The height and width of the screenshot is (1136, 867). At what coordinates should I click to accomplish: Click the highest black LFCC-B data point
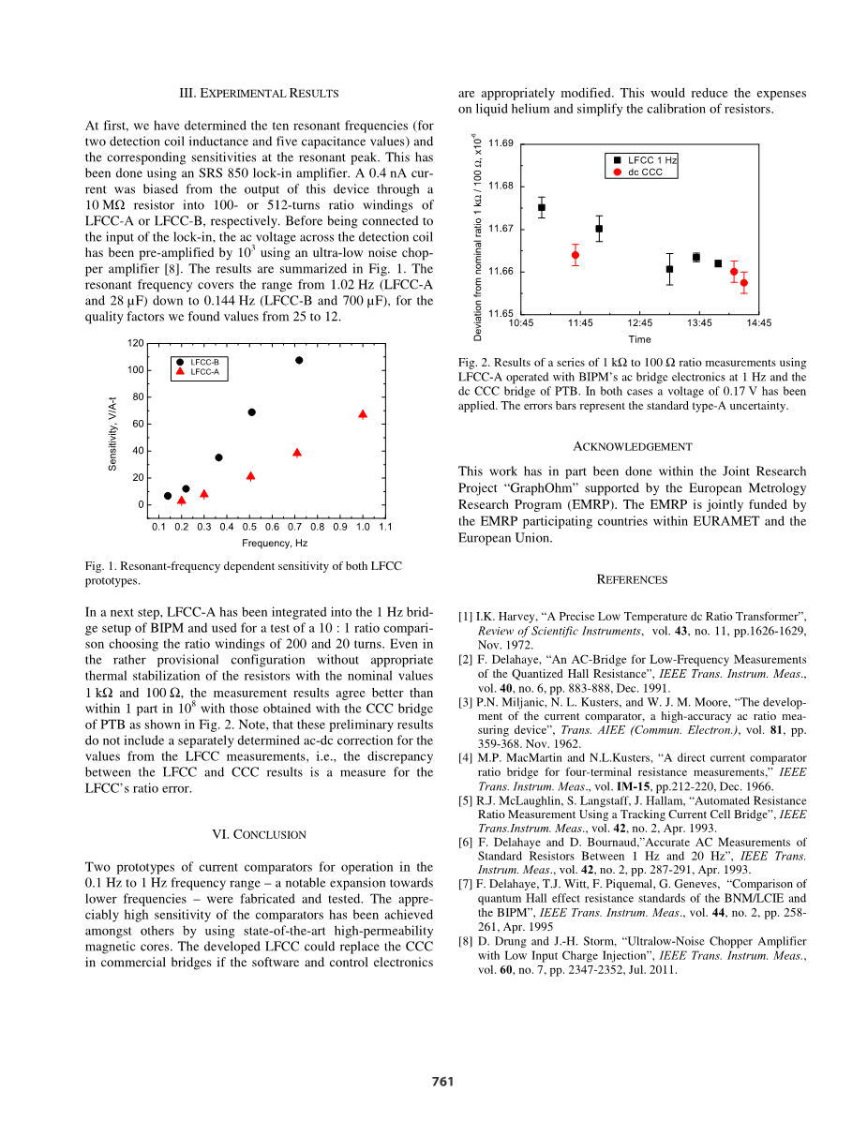299,360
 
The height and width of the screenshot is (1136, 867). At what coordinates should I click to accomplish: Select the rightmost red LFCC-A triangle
363,413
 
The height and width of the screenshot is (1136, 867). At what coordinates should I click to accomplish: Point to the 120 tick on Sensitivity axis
137,343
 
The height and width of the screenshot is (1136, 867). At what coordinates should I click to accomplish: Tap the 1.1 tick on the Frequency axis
385,527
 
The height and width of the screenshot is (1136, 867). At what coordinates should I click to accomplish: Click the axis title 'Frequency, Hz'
275,543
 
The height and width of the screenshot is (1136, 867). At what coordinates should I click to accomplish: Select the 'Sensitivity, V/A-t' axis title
112,434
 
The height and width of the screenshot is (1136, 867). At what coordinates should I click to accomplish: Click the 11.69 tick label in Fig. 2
501,143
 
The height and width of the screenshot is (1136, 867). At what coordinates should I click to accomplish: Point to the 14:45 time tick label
759,323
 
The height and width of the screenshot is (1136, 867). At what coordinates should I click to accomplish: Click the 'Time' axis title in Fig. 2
639,339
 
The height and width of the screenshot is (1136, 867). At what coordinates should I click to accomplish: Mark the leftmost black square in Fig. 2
542,207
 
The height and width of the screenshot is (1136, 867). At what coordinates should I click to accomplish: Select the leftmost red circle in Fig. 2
576,255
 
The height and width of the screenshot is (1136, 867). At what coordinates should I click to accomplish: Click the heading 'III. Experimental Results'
259,94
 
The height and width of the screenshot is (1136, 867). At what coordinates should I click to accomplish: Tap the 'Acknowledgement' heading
632,447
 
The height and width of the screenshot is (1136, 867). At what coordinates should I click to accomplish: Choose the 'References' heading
632,580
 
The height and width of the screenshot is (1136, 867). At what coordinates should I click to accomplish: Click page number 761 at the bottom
442,1082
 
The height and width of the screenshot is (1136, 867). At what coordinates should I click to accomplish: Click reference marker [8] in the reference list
465,941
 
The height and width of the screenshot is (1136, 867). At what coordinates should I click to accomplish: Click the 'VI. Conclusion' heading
259,835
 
